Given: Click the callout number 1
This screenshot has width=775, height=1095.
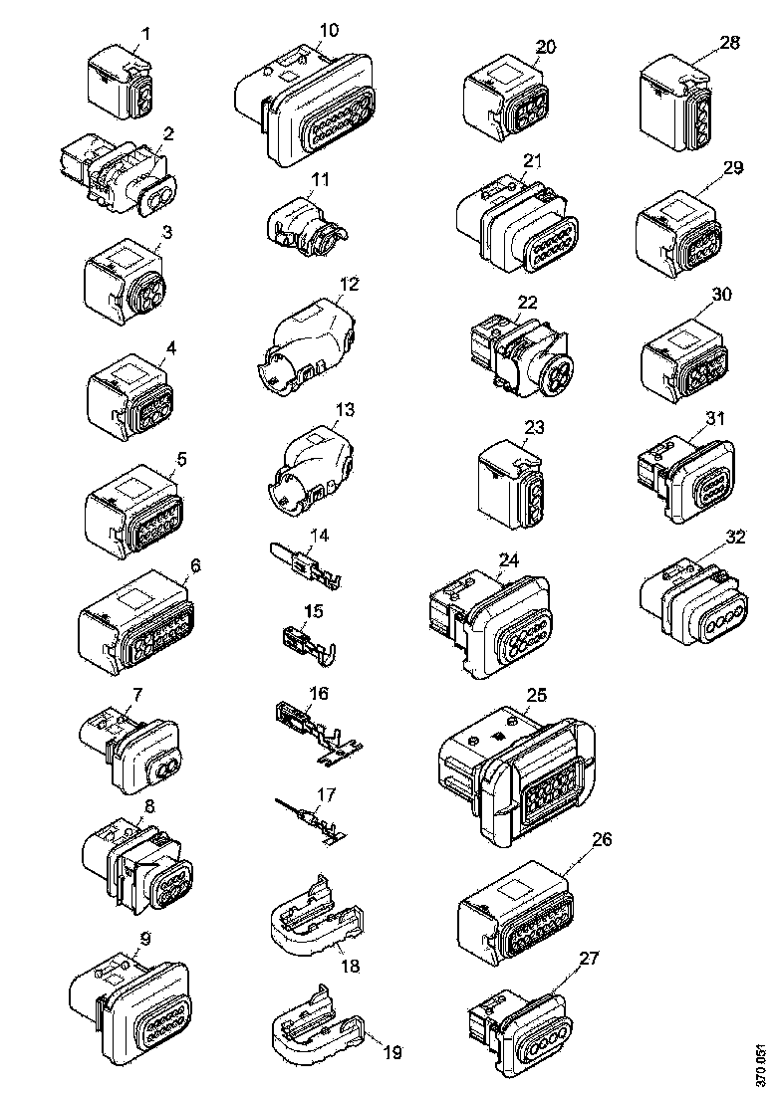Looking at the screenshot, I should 145,34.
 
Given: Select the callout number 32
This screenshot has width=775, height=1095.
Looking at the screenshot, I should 735,537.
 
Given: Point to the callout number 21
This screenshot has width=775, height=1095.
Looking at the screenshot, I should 531,160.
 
